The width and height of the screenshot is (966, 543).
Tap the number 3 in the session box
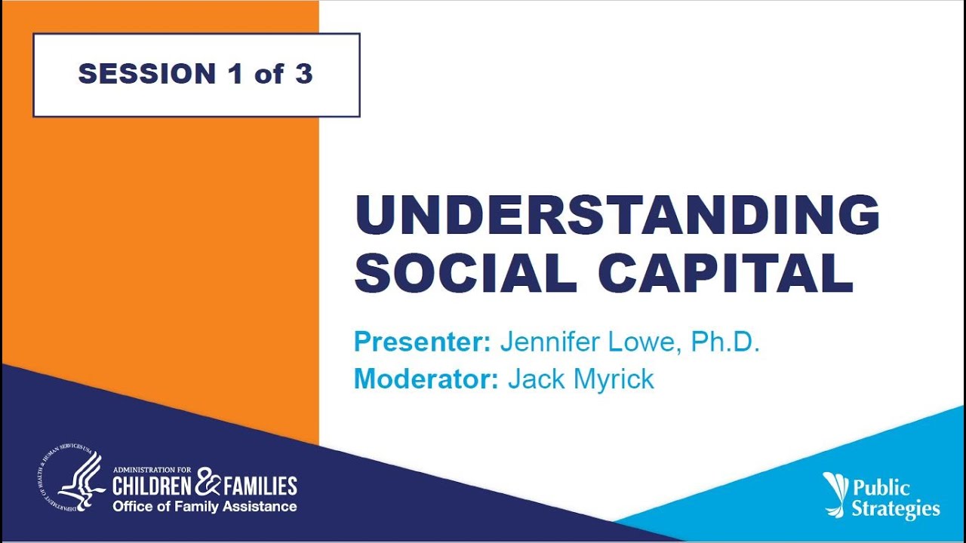303,74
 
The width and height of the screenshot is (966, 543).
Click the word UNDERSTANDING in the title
617,214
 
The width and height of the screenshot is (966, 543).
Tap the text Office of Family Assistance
205,506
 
